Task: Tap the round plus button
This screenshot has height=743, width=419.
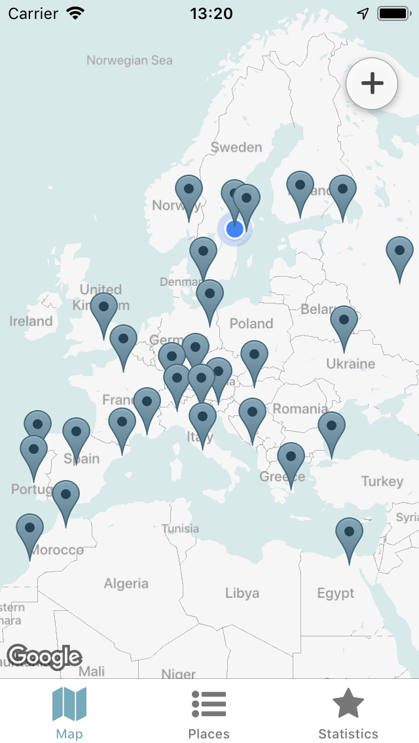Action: point(372,83)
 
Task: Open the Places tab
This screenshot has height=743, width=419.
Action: point(209,714)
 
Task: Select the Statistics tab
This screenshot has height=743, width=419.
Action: point(348,714)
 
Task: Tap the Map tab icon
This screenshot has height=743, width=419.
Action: point(69,705)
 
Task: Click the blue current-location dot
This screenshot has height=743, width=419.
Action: point(234,229)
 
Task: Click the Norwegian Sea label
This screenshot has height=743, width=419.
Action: point(130,61)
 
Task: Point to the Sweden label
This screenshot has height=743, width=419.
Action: point(236,147)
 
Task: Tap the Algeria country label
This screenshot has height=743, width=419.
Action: point(126,583)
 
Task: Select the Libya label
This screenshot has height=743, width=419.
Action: point(242,593)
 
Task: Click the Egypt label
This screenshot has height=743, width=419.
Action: point(336,593)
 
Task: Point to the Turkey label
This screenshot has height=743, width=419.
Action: point(382,481)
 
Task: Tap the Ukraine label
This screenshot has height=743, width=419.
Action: point(351,364)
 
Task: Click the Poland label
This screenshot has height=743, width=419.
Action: point(251,323)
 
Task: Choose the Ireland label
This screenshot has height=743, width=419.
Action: point(31,321)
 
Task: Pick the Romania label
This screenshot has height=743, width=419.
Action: point(301,409)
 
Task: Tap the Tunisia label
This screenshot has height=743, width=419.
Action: point(180,528)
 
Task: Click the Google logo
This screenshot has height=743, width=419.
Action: point(45,656)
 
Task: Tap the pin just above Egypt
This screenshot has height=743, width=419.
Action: point(349,534)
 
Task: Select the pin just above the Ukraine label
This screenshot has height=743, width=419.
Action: point(344,322)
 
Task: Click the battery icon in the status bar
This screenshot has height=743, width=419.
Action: point(393,13)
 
